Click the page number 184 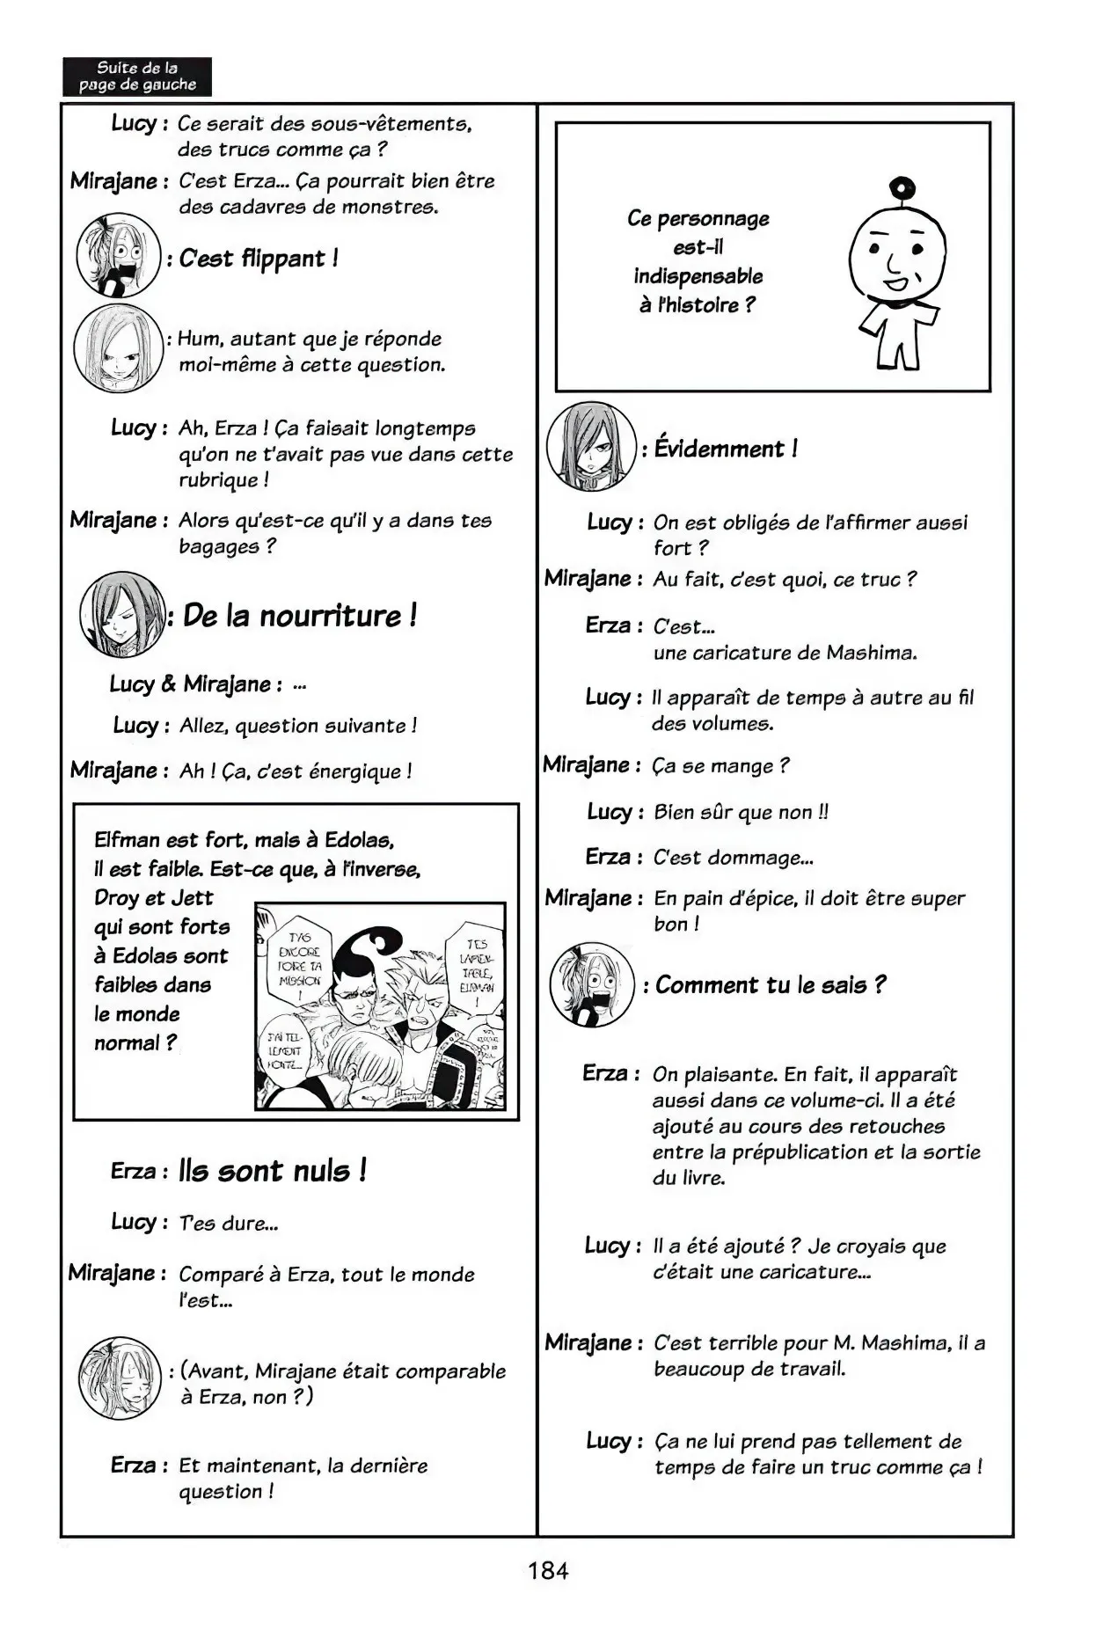(548, 1570)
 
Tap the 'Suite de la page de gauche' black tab (137, 77)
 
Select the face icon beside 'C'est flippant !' (119, 254)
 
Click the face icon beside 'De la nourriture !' (122, 614)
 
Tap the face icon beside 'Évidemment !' (591, 447)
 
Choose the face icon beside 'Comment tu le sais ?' (592, 985)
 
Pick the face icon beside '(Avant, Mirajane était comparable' (120, 1379)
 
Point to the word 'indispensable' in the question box (698, 276)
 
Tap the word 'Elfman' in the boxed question (127, 839)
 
